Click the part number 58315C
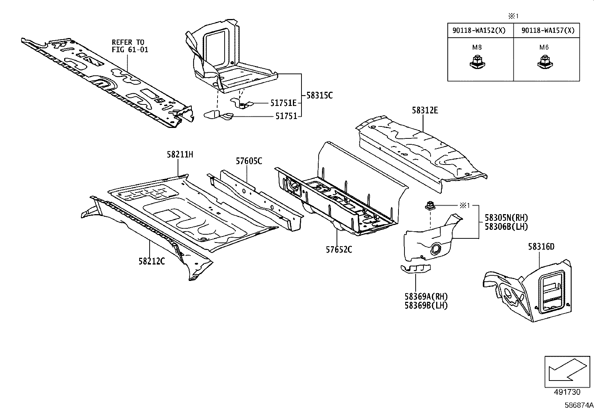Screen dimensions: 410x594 [x=319, y=96]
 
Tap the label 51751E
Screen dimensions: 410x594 [x=283, y=103]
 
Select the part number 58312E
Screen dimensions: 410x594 [x=425, y=110]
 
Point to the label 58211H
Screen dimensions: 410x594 [x=180, y=154]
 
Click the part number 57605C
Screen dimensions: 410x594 [x=249, y=161]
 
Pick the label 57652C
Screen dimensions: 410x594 [x=339, y=250]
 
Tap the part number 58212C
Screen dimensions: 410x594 [x=151, y=261]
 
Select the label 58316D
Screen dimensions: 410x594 [x=541, y=247]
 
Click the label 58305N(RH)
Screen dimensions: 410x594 [x=506, y=218]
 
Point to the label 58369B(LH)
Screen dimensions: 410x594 [x=426, y=306]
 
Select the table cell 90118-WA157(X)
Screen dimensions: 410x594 [x=548, y=31]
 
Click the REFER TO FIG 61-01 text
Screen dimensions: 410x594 [x=130, y=46]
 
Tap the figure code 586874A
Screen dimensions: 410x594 [x=578, y=405]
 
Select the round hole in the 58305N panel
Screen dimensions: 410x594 [x=435, y=249]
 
